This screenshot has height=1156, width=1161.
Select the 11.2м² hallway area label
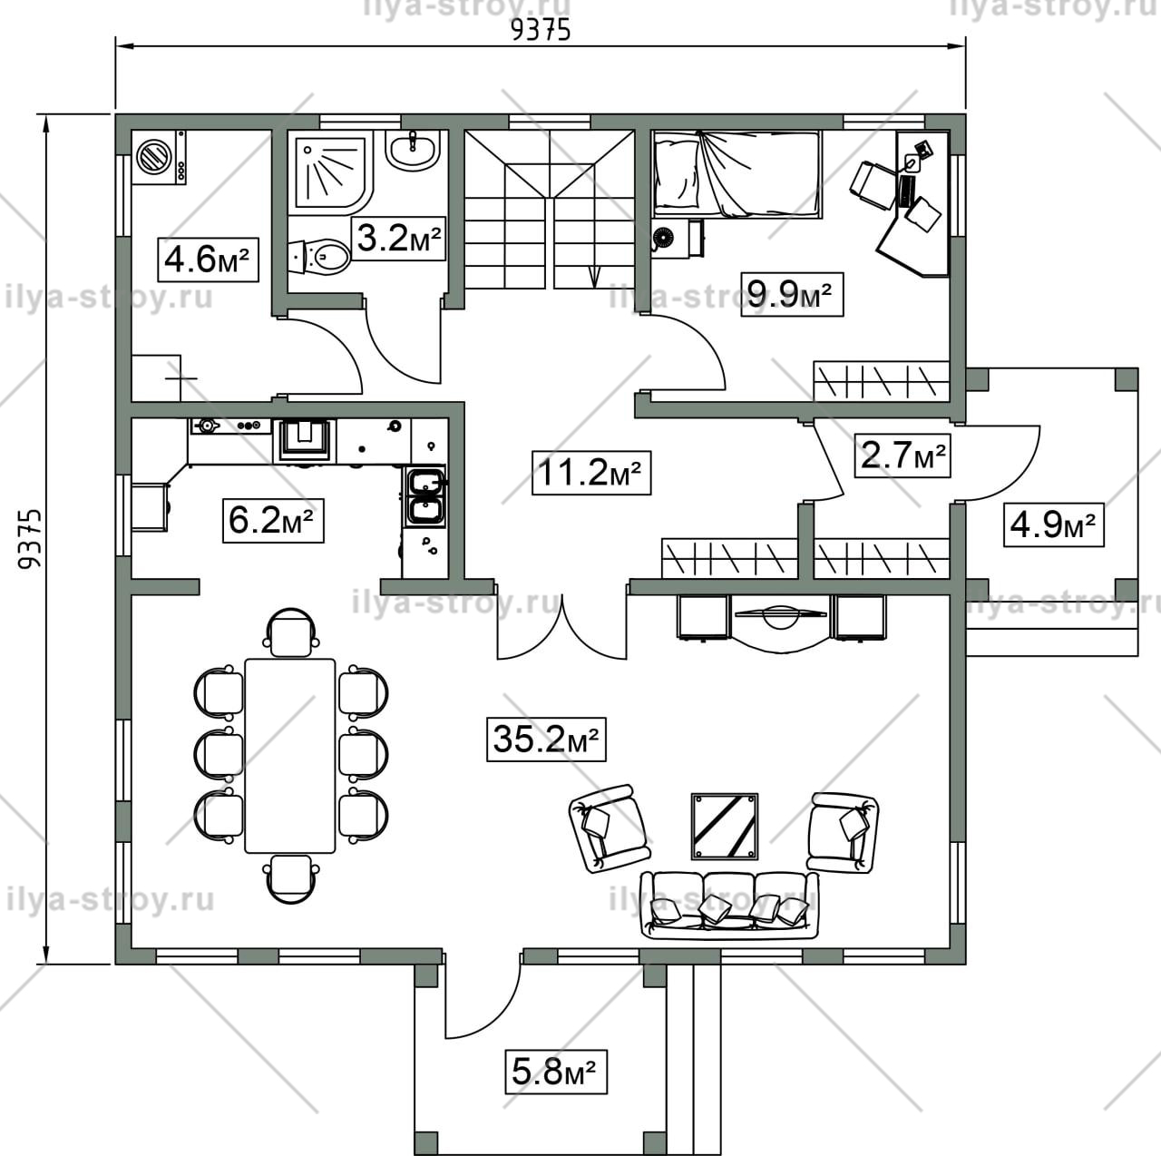(x=591, y=473)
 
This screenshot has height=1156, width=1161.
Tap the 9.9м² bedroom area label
(x=792, y=294)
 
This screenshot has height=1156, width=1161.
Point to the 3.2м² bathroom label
(x=398, y=238)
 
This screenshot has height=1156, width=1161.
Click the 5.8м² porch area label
(x=555, y=1073)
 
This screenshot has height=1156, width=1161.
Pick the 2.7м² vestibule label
(x=902, y=455)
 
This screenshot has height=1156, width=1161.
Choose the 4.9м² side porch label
(x=1053, y=524)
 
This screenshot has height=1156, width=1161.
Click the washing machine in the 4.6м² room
(x=159, y=157)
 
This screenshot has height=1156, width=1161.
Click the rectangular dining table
(x=290, y=756)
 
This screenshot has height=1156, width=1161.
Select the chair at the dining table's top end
(x=290, y=632)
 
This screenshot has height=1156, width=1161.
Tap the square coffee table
(x=724, y=825)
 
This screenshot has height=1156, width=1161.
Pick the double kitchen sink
(x=426, y=496)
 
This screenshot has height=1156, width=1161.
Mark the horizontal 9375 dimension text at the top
(x=540, y=31)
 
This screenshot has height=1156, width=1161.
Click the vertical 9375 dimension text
(x=30, y=539)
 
